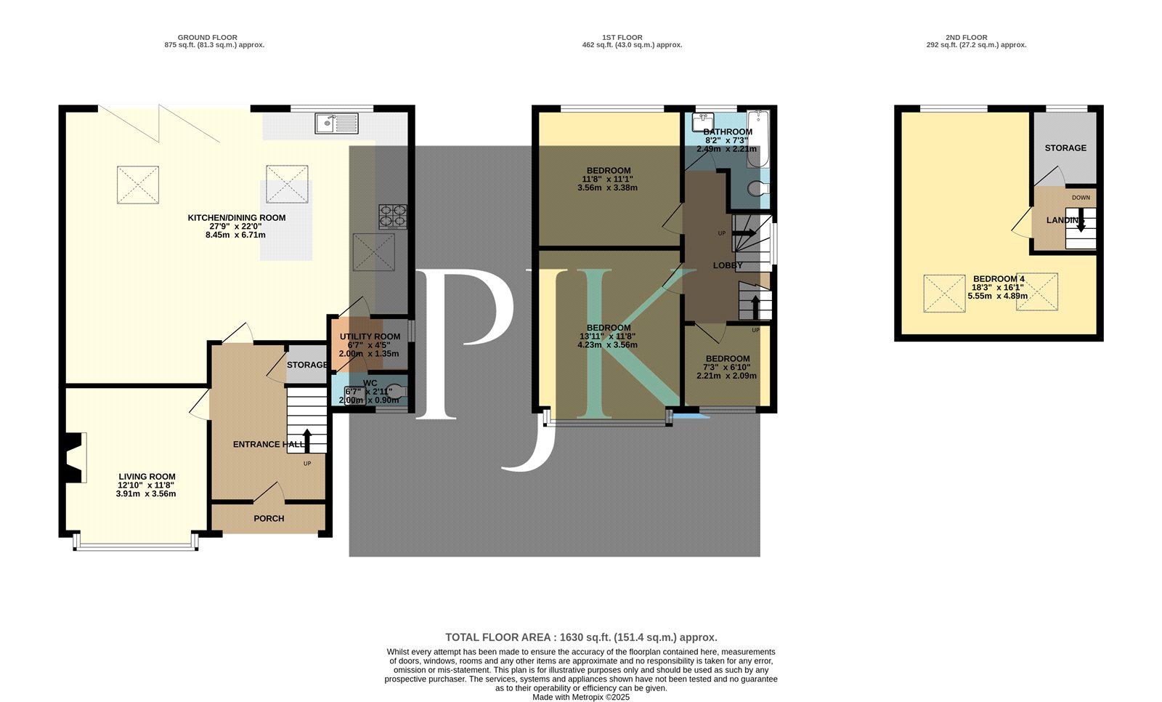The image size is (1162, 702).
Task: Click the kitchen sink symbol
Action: tap(336, 124)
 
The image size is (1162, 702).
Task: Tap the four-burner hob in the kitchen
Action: tap(393, 217)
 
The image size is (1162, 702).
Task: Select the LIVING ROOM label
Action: tap(147, 477)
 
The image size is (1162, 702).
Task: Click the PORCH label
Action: tap(269, 519)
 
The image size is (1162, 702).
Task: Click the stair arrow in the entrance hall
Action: tap(307, 440)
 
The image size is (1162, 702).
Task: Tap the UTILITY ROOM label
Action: tap(370, 337)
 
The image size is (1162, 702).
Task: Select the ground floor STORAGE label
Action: tap(307, 365)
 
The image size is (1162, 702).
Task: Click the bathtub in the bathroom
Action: tap(758, 138)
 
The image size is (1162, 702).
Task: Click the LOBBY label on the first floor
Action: tap(728, 266)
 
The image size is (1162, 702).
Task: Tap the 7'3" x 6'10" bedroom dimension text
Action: tap(727, 368)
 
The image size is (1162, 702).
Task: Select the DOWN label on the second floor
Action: tap(1081, 198)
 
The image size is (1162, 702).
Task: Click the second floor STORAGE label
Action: tap(1065, 148)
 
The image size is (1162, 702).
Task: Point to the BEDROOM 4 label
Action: tap(999, 279)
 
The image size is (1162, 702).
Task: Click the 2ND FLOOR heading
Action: tap(967, 37)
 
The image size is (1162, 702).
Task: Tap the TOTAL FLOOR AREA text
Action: tap(582, 637)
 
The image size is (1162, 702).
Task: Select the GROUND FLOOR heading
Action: tap(208, 37)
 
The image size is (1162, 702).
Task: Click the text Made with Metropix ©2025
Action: tap(581, 698)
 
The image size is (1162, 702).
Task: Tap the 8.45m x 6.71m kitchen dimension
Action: tap(235, 235)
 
